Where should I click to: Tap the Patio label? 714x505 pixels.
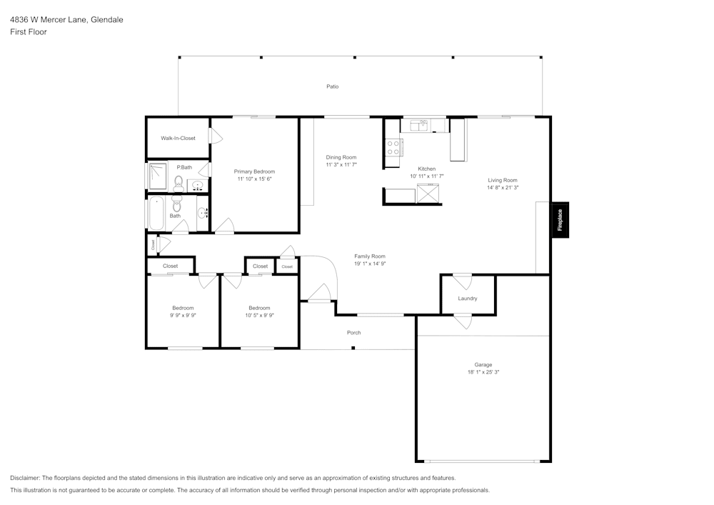click(x=333, y=86)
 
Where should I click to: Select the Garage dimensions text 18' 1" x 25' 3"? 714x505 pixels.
click(x=483, y=372)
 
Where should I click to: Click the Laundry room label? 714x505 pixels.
click(x=468, y=299)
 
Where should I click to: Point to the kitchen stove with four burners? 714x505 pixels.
click(x=393, y=147)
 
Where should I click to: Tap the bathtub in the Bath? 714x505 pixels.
click(x=156, y=214)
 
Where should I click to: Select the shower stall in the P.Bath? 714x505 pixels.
click(x=157, y=176)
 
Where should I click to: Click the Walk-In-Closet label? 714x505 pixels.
click(x=178, y=138)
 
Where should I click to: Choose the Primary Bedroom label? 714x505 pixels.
click(x=254, y=171)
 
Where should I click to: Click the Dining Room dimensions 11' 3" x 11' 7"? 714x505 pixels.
click(x=341, y=165)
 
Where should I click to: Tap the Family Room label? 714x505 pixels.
click(x=370, y=256)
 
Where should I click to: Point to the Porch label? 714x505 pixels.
click(x=353, y=333)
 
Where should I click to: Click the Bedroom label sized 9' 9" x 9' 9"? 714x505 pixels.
click(x=183, y=308)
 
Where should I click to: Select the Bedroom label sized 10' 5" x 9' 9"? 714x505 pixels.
click(x=259, y=308)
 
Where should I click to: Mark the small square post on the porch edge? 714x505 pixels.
click(x=353, y=348)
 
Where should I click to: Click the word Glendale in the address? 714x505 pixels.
click(x=106, y=20)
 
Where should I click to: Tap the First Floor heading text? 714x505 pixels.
click(x=29, y=32)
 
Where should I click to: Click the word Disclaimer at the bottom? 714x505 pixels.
click(x=25, y=478)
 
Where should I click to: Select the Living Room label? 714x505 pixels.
click(x=503, y=180)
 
